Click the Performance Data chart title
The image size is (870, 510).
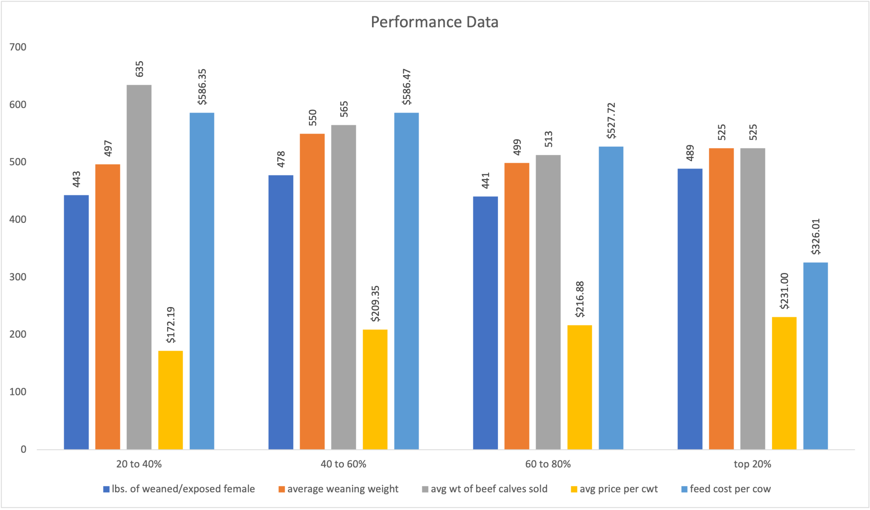coord(434,22)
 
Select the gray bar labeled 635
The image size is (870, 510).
coord(139,267)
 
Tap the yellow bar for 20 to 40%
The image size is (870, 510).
coord(170,400)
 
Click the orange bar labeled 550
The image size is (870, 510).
coord(312,291)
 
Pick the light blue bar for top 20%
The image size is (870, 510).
coord(815,356)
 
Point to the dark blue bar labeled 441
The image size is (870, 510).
coord(485,322)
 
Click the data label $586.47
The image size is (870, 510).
coord(406,87)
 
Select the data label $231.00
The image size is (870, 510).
coord(784,291)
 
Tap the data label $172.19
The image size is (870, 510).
coord(171,325)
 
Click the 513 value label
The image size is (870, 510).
coord(548,139)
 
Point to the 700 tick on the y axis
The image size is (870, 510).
coord(18,47)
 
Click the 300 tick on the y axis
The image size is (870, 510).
coord(18,277)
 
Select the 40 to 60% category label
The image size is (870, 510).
coord(343,464)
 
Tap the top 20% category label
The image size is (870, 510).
coord(752,464)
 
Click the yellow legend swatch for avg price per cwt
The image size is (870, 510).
coord(574,489)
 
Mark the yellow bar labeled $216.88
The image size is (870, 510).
coord(580,387)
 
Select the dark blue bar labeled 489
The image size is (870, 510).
coord(690,309)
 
